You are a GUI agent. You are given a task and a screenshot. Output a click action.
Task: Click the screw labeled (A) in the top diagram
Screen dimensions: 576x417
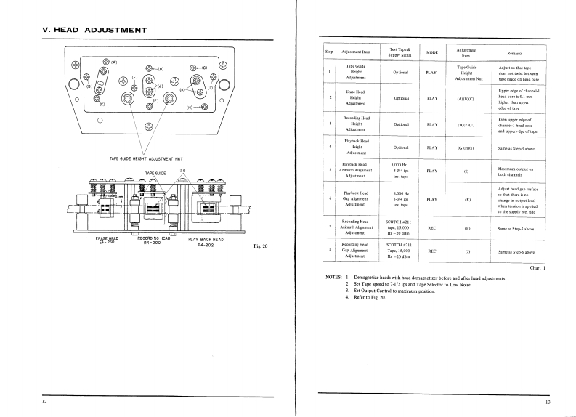(x=106, y=62)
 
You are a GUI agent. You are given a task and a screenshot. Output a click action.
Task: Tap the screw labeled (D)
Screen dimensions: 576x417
(x=150, y=68)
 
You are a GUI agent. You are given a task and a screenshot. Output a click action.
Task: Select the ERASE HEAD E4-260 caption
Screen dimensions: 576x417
(x=107, y=240)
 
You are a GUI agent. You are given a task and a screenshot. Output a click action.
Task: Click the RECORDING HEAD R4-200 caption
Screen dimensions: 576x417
(x=153, y=240)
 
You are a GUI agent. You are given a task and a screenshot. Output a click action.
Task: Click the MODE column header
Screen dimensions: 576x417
(x=432, y=53)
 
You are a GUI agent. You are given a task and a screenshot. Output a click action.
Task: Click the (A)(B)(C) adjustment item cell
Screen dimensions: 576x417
(x=466, y=98)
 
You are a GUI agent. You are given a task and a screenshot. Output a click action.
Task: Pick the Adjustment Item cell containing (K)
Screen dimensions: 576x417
(x=466, y=199)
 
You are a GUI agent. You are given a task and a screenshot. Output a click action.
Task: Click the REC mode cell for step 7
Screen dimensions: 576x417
(x=432, y=228)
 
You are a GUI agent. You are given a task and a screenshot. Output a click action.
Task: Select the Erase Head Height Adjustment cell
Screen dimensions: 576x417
(x=355, y=98)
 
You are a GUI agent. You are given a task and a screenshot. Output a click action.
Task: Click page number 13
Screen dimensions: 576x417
(x=548, y=401)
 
